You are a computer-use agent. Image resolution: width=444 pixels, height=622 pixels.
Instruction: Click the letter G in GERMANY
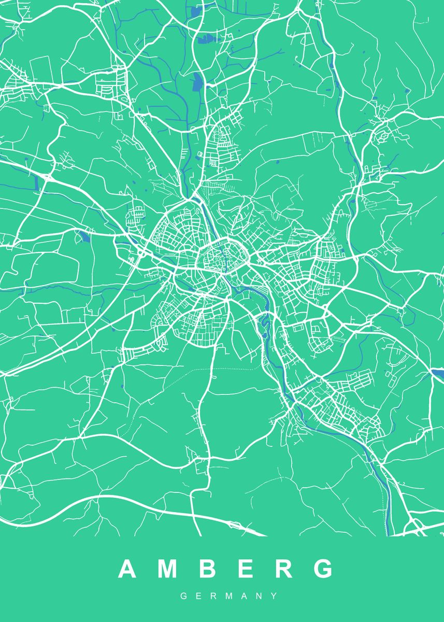(x=183, y=597)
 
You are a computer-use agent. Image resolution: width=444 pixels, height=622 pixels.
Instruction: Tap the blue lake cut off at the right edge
(x=438, y=374)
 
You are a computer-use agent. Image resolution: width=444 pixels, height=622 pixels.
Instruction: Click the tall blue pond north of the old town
(x=197, y=82)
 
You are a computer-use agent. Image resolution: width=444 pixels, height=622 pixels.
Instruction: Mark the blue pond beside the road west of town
(x=83, y=237)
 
